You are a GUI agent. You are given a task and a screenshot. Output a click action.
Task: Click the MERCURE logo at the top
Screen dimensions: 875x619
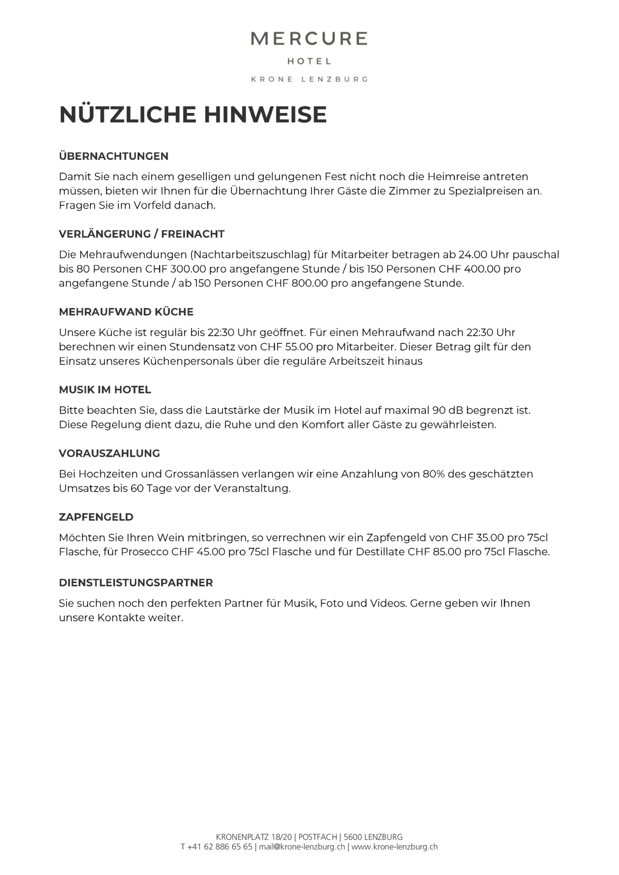309,39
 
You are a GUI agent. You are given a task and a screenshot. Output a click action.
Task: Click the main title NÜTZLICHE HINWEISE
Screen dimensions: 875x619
193,114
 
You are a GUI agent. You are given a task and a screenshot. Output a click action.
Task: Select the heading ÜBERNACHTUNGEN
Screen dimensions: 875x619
113,156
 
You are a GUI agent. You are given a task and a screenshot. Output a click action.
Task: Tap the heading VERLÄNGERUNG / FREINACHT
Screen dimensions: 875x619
141,234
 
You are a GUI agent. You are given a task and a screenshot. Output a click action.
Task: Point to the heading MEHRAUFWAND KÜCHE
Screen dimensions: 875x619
126,312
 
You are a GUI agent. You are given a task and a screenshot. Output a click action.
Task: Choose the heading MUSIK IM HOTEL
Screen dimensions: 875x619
105,390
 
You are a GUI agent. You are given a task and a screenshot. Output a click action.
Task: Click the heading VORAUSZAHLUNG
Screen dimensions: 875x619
109,453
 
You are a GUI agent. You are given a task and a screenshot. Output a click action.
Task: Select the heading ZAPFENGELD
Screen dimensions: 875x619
96,517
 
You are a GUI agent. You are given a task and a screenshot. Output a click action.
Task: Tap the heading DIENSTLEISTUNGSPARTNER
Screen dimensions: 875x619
136,583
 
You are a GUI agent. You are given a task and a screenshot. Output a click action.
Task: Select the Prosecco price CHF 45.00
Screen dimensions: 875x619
198,552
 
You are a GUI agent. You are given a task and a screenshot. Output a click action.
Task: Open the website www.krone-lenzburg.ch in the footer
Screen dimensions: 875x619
395,847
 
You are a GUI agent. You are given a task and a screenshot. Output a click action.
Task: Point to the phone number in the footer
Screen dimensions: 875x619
216,847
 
